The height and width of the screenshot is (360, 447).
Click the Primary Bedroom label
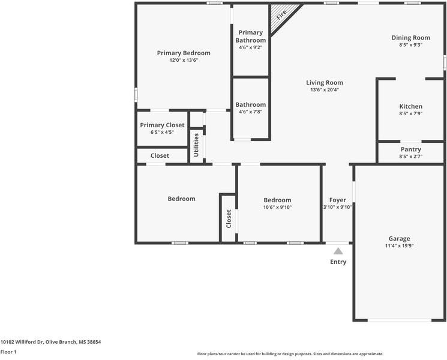(184, 53)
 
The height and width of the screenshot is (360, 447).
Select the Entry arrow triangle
(338, 251)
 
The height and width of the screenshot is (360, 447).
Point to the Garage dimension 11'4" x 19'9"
(398, 246)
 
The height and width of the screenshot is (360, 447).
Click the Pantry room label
(410, 149)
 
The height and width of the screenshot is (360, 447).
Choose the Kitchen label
(410, 106)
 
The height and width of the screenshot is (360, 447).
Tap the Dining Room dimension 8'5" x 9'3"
(410, 45)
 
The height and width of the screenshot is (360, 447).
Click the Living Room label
(325, 83)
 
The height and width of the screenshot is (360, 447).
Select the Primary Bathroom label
(250, 36)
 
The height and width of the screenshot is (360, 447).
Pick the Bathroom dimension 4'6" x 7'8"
(250, 112)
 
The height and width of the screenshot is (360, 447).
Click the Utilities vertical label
(196, 145)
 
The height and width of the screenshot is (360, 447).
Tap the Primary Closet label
(162, 125)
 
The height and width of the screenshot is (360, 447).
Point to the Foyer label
(337, 200)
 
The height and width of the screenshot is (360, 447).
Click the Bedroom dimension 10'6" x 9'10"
(277, 208)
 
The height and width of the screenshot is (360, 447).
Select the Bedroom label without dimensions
(181, 199)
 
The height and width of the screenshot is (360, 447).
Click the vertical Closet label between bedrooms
(229, 219)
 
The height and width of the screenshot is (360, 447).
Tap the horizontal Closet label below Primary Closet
(160, 155)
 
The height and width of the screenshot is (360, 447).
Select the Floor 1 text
(8, 352)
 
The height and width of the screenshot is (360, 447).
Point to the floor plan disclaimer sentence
(290, 354)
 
